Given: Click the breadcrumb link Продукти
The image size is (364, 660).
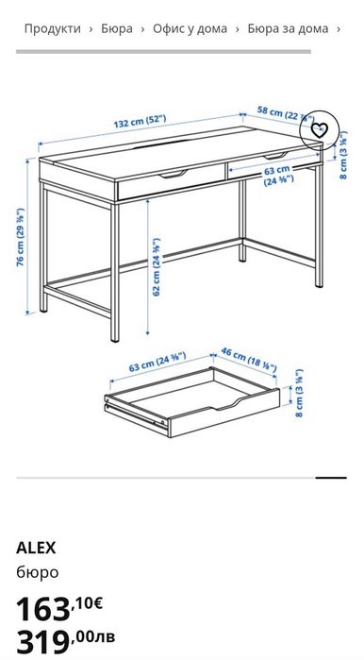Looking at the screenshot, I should (53, 28).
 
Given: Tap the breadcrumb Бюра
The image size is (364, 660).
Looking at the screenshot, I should (117, 28).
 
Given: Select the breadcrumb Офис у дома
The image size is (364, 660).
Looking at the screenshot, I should (190, 28).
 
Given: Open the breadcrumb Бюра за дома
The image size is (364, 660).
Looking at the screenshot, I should (288, 28).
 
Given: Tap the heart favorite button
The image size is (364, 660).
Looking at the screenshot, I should (320, 130).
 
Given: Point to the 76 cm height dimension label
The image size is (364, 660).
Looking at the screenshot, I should (20, 237).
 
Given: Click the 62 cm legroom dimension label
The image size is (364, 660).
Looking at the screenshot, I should (156, 267).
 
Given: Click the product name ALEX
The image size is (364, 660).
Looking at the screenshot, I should (36, 547).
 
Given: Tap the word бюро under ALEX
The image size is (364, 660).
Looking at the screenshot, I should (37, 571).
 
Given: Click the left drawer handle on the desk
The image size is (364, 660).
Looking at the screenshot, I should (175, 175).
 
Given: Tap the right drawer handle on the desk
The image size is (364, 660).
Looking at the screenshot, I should (277, 155).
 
